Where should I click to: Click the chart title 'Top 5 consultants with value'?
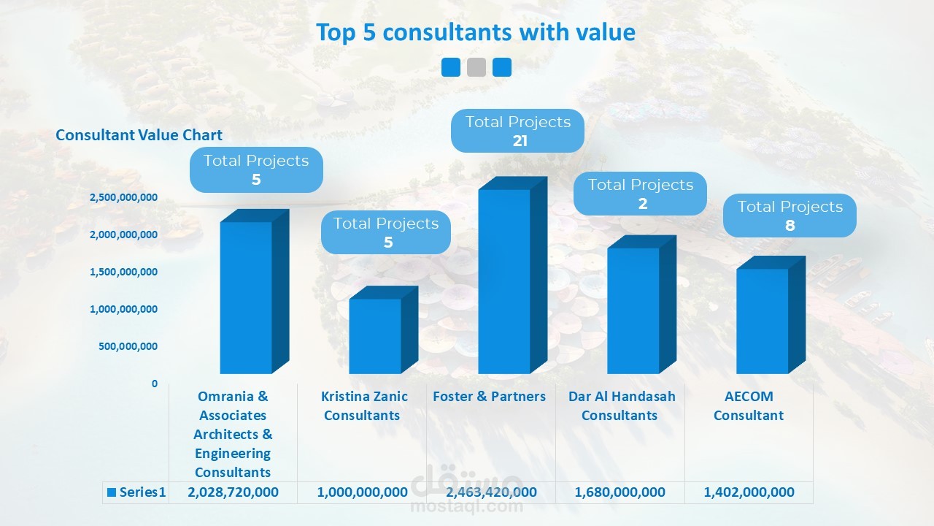pos(475,33)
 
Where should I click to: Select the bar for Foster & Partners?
pos(504,281)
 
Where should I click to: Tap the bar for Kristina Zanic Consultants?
pos(375,336)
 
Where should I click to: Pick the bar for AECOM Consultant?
pos(762,321)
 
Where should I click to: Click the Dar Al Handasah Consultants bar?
pos(633,310)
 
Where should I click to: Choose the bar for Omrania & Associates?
pos(246,298)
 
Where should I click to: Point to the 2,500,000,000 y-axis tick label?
pos(123,198)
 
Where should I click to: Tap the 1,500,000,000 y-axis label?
pos(123,272)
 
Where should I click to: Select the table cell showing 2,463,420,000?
pos(491,492)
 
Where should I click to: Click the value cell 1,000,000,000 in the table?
pos(362,492)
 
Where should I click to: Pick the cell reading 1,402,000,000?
pos(749,492)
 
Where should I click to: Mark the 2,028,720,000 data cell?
pos(233,492)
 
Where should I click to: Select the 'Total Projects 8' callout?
pos(790,216)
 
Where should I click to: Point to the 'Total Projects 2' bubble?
pos(641,194)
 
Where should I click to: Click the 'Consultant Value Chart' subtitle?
pos(139,135)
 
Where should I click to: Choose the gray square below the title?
pos(476,67)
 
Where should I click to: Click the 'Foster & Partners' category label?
pos(489,397)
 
